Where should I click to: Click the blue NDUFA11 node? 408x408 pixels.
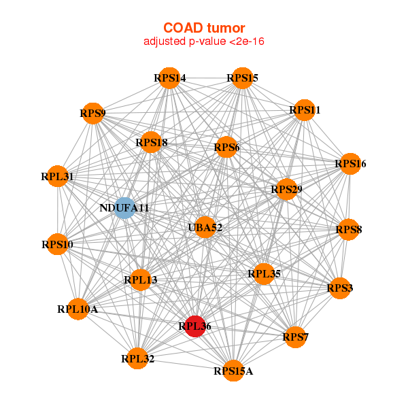pos(124,207)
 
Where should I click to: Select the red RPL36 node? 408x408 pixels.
pos(195,326)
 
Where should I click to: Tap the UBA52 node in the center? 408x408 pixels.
pos(205,227)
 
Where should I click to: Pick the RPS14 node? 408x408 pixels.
pos(169,78)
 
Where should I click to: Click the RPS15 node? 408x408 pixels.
pos(242,79)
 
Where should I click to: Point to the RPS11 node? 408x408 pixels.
pos(304,110)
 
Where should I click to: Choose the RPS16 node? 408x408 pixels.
pos(350,164)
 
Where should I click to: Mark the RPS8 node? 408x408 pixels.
pos(348,230)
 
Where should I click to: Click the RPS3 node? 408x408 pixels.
pos(339,288)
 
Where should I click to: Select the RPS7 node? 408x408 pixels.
pos(296,337)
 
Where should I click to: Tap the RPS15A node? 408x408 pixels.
pos(233,371)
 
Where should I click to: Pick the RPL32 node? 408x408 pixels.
pos(138,358)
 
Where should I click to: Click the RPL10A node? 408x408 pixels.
pos(78,309)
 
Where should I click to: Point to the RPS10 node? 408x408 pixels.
pos(57,244)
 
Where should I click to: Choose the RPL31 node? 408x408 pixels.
pos(57,177)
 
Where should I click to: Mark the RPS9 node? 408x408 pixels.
pos(92,114)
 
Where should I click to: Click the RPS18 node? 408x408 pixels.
pos(151,143)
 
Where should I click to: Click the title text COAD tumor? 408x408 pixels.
pos(203,28)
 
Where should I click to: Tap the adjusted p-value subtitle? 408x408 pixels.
pos(203,41)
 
